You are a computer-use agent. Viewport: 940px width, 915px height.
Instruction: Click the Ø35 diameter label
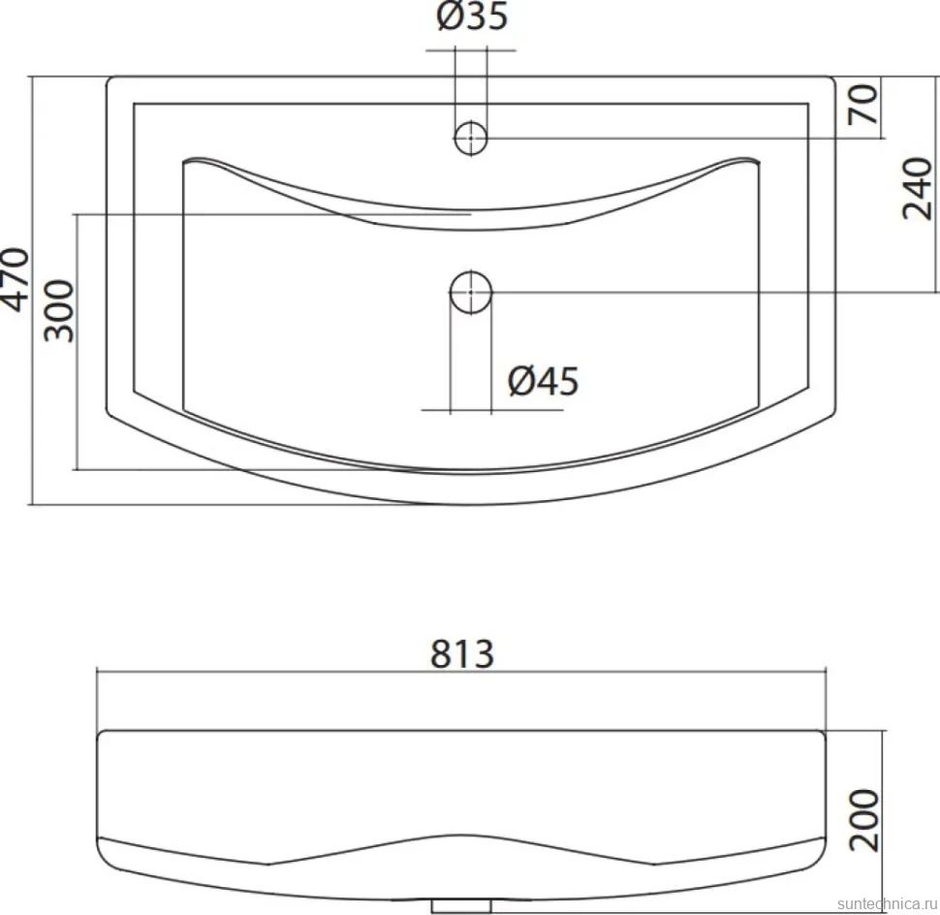[x=472, y=16]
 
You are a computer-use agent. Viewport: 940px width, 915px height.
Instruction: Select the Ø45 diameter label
[x=543, y=381]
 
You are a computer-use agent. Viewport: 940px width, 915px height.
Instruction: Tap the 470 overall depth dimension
[x=15, y=279]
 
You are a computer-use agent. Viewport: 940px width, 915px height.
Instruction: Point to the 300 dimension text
[x=59, y=310]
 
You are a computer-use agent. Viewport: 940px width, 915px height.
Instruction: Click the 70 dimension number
[x=863, y=104]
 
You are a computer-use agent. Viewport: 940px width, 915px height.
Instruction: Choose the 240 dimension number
[x=918, y=188]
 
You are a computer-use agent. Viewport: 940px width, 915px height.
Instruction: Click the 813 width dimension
[x=462, y=653]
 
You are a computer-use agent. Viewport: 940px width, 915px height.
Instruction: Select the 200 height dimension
[x=863, y=820]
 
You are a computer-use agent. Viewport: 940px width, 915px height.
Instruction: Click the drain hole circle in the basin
[x=471, y=293]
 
